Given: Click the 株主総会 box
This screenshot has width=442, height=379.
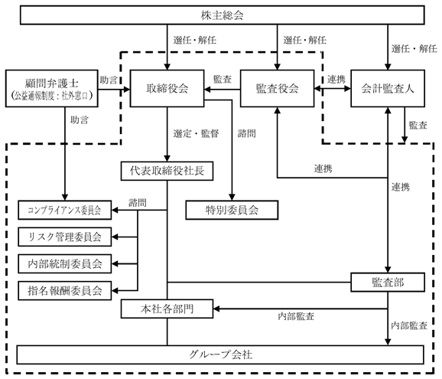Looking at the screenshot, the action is (222, 15).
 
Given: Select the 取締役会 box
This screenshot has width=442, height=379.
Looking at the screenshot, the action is (167, 88).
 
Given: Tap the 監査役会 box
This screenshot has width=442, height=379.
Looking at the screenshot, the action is (277, 88).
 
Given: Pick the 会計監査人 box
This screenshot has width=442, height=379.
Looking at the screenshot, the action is (388, 88).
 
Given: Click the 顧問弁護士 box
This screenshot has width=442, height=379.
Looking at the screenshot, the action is (52, 88).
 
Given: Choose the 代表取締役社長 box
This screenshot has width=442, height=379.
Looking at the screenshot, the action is (167, 171).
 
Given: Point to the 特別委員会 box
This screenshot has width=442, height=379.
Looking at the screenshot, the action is (232, 210).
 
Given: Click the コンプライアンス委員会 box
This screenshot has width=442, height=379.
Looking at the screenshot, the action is (64, 210).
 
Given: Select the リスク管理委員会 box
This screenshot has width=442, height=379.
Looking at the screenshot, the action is (64, 237).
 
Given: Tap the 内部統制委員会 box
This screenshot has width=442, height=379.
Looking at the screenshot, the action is (64, 263).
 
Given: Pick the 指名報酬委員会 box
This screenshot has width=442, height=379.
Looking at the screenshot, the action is (64, 290).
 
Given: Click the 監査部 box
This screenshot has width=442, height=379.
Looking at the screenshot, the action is (388, 283).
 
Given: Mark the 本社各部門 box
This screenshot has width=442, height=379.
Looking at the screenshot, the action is (167, 309).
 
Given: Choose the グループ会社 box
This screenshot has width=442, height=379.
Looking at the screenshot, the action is (220, 354).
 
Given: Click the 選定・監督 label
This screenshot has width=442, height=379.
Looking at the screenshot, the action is (197, 133).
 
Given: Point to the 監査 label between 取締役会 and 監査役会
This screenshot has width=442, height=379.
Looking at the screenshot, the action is (223, 79).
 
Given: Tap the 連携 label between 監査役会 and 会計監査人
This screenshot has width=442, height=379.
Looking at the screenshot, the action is (336, 79).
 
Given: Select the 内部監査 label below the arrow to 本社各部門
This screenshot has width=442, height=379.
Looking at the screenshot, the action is (296, 316).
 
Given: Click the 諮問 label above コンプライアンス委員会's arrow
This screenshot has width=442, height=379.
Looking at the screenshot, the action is (138, 202).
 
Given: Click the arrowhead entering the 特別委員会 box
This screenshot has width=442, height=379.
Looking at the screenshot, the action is (232, 198).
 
